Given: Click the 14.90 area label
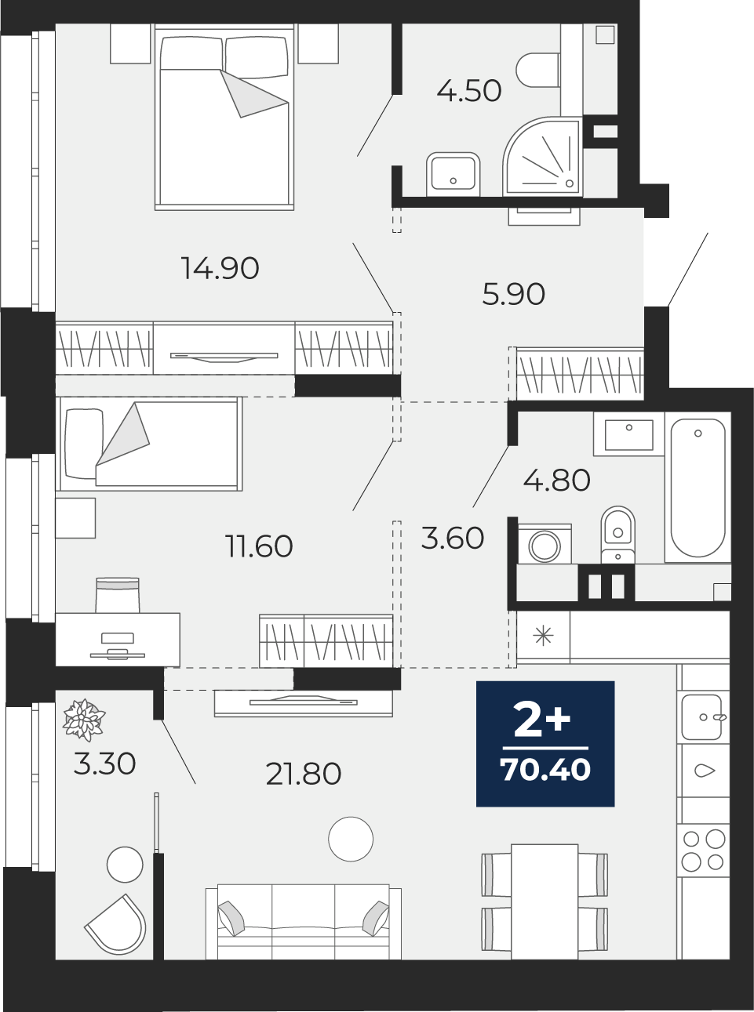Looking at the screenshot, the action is (220, 268).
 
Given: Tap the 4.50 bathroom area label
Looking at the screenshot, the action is (469, 90).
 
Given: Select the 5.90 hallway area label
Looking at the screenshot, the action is (514, 294).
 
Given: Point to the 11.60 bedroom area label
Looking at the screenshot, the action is (260, 546).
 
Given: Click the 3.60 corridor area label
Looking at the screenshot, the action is (453, 538).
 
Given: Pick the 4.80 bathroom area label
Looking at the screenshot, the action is (557, 480).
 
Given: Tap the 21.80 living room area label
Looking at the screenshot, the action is (304, 774).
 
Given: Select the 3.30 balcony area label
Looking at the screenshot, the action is (104, 764).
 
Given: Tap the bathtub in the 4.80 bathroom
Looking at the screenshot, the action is (698, 487).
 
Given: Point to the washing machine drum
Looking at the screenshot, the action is (545, 546).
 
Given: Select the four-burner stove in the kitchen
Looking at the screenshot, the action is (703, 850).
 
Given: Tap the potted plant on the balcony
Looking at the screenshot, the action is (84, 720).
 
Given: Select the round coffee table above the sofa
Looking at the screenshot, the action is (351, 839).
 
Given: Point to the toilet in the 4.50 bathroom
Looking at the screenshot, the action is (538, 71).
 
